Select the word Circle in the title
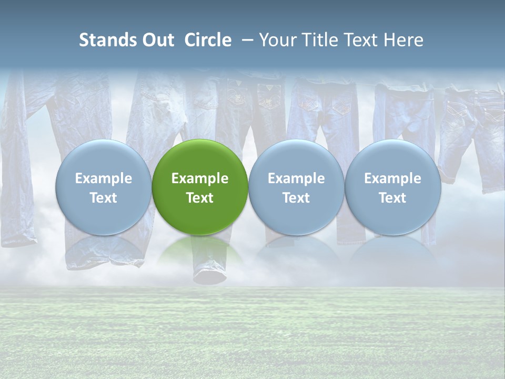click(208, 40)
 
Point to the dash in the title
click(246, 40)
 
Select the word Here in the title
click(405, 40)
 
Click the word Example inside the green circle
click(200, 178)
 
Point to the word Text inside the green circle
click(200, 198)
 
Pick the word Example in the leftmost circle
click(104, 178)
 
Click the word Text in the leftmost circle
click(104, 198)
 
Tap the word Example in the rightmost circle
click(393, 178)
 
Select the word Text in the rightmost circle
click(393, 198)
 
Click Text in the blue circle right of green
click(296, 198)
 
